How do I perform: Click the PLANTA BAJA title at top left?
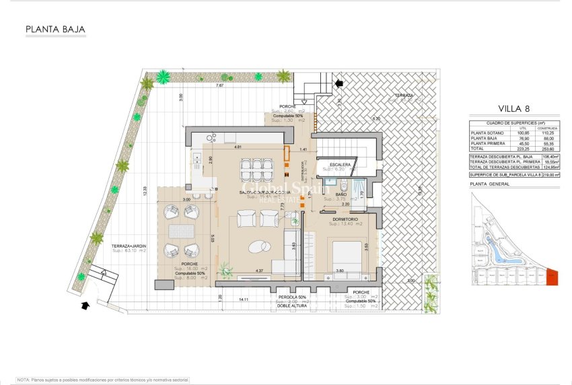pos(55,30)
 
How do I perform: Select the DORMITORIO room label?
pos(347,218)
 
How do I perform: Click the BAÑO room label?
pos(341,195)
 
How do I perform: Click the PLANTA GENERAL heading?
pos(489,183)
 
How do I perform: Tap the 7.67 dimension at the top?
pos(220,86)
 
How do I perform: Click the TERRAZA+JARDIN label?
pos(129,246)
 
